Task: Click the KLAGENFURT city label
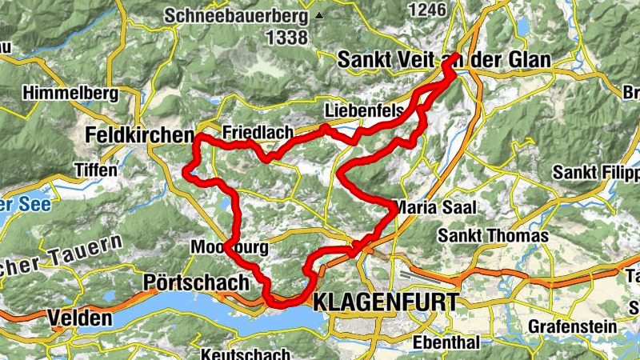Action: [x=387, y=302]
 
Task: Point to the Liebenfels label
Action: [x=364, y=111]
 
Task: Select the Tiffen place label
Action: [x=95, y=170]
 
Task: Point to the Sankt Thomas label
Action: [x=493, y=236]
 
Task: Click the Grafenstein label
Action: [x=572, y=326]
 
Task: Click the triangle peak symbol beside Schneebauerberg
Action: [x=320, y=15]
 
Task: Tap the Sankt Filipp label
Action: [x=597, y=173]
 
